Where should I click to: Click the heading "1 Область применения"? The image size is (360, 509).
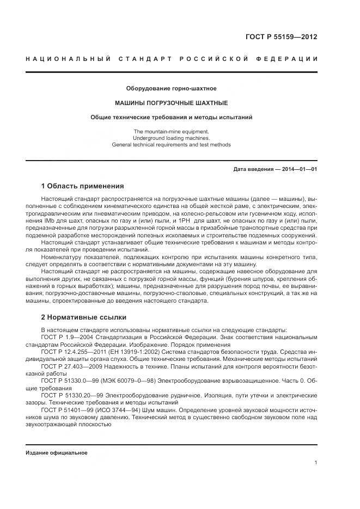click(x=82, y=186)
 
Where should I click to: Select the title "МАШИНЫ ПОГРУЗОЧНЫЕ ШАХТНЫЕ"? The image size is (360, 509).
click(x=171, y=103)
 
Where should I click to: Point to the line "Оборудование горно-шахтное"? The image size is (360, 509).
click(x=171, y=88)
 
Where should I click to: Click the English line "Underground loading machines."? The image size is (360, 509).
click(x=171, y=138)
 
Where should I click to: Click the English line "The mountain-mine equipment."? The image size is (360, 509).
click(x=171, y=131)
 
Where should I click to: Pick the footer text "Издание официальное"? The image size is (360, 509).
click(x=57, y=453)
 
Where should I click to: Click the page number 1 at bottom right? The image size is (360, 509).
click(x=316, y=463)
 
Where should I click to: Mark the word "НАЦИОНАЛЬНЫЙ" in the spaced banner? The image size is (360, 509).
click(x=69, y=59)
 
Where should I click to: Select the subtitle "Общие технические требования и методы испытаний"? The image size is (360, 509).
click(x=171, y=117)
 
